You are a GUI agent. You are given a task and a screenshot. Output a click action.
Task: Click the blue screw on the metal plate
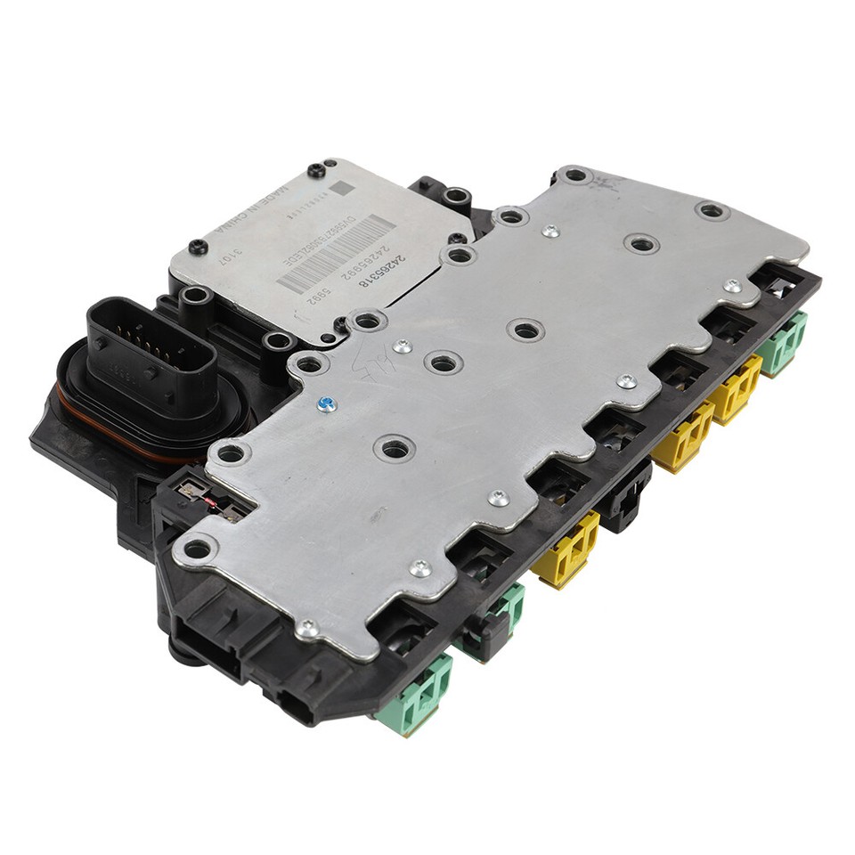(x=327, y=405)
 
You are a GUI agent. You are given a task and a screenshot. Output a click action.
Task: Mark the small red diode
(x=212, y=505)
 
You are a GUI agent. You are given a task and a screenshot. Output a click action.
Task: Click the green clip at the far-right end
(x=784, y=344)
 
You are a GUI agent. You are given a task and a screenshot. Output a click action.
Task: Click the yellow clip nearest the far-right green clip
(x=736, y=388)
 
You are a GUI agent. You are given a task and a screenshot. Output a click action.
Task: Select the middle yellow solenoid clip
(x=684, y=436)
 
